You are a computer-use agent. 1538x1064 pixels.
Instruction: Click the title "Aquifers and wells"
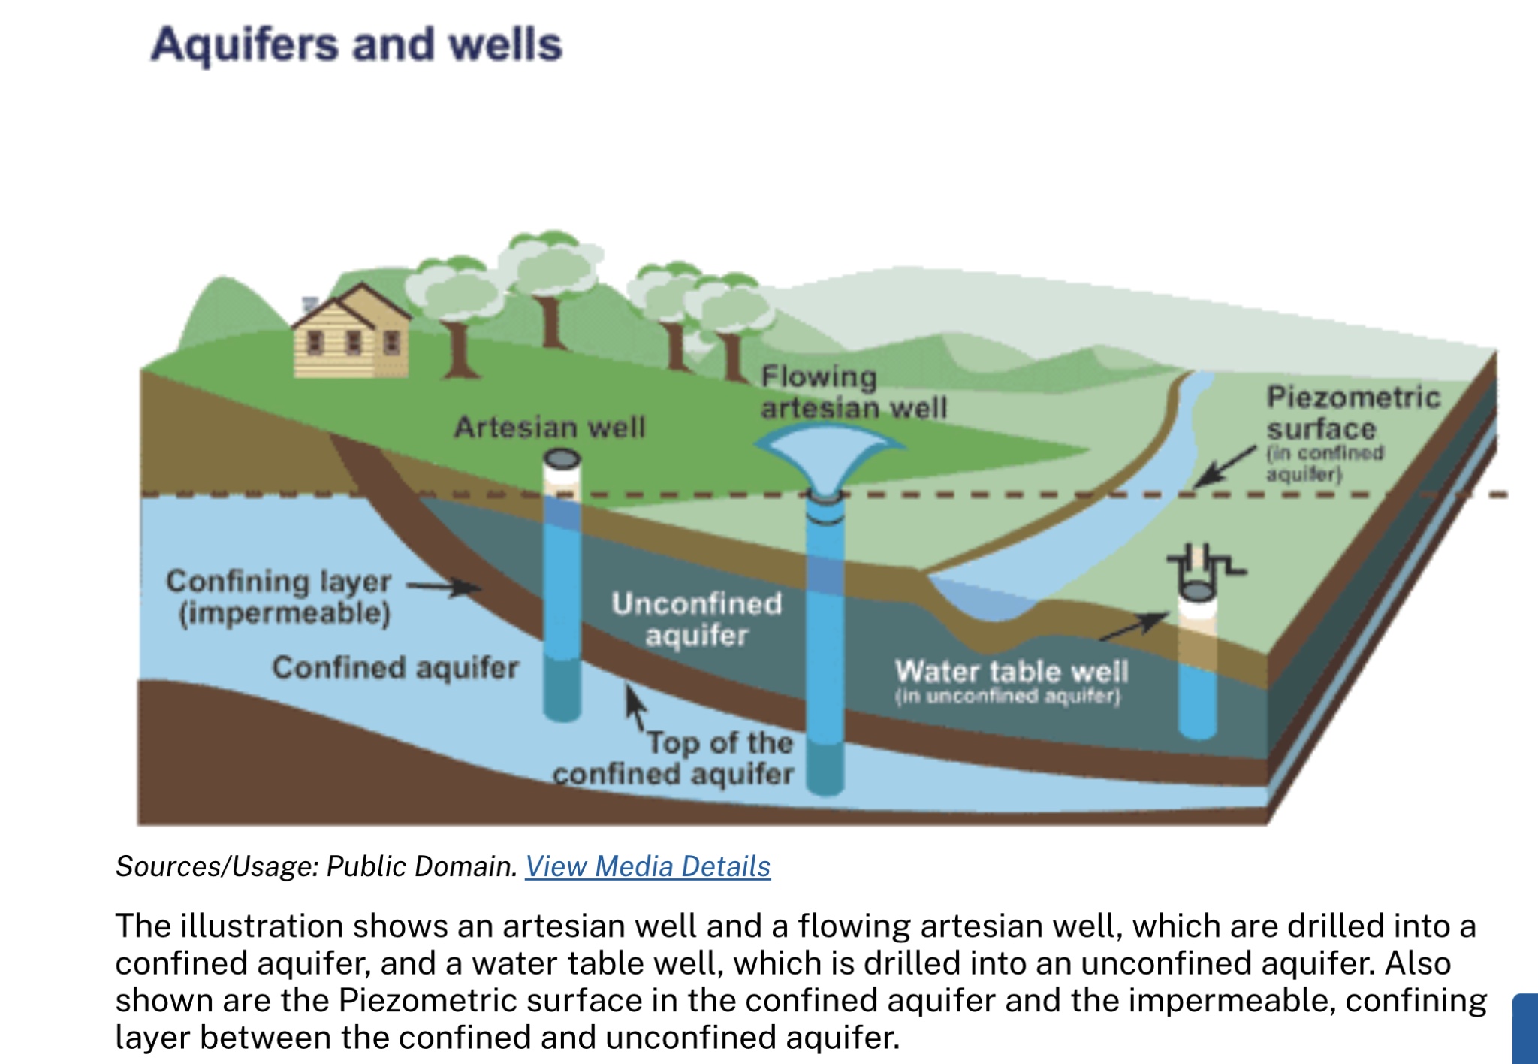pyautogui.click(x=356, y=44)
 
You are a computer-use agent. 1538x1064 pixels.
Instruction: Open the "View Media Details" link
pyautogui.click(x=647, y=866)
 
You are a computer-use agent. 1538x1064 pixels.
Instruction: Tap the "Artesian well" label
pyautogui.click(x=550, y=428)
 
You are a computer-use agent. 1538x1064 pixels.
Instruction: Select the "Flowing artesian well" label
pyautogui.click(x=853, y=392)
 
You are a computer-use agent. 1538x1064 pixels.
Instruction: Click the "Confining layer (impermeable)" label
pyautogui.click(x=279, y=597)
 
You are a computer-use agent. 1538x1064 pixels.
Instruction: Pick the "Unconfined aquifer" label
pyautogui.click(x=697, y=619)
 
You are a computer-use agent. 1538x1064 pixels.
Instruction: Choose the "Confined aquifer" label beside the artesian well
pyautogui.click(x=395, y=667)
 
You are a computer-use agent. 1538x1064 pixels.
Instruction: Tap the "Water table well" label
pyautogui.click(x=1011, y=671)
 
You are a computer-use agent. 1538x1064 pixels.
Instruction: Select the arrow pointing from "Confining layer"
pyautogui.click(x=445, y=586)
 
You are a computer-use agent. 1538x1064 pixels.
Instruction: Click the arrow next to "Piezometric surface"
pyautogui.click(x=1225, y=467)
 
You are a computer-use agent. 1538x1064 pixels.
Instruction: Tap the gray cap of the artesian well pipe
pyautogui.click(x=562, y=458)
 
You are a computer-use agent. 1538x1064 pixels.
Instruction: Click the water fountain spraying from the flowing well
pyautogui.click(x=829, y=449)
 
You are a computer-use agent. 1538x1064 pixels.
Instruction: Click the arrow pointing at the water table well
pyautogui.click(x=1134, y=627)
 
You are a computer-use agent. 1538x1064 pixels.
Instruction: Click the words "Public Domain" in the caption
pyautogui.click(x=422, y=866)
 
